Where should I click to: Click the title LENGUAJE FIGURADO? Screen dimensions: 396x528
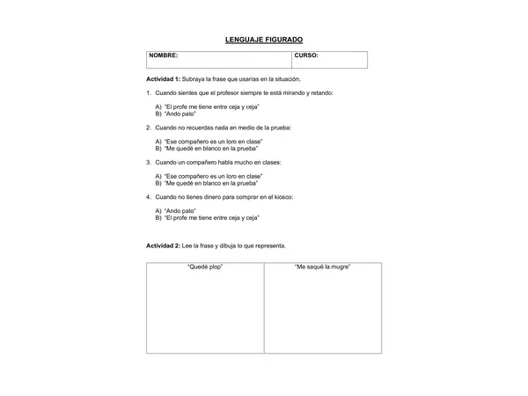[264, 40]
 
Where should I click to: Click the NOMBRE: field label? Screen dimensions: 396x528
[164, 55]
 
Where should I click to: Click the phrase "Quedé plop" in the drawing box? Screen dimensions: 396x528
[205, 267]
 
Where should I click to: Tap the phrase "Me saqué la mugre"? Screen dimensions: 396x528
[322, 267]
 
